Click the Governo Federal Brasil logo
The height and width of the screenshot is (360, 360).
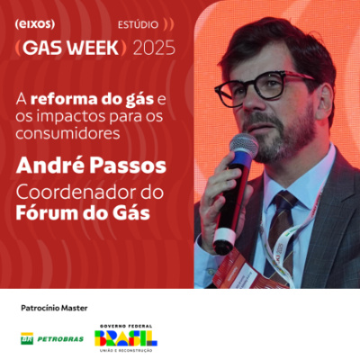[125, 337]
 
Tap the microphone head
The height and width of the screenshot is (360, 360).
[243, 148]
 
